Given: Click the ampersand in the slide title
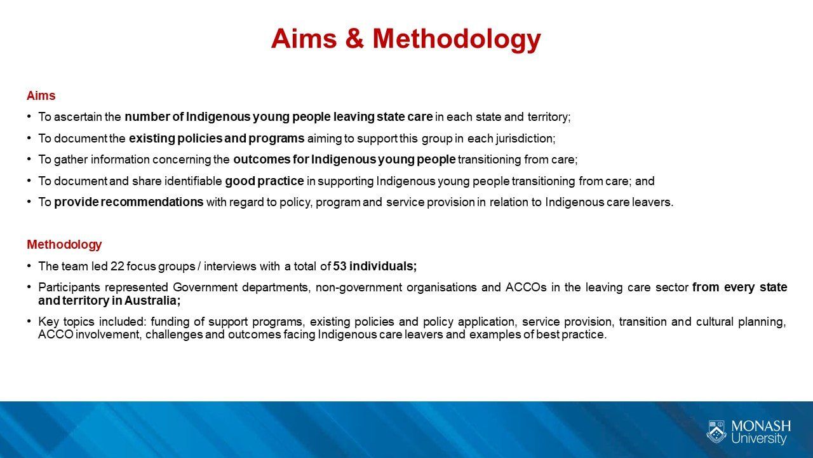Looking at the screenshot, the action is click(354, 38).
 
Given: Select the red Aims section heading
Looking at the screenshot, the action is click(41, 95).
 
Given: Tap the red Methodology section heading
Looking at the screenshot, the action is click(64, 245).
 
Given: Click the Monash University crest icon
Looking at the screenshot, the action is click(716, 432).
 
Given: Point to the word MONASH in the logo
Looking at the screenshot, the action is click(761, 426).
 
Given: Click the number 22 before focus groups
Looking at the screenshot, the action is click(118, 267).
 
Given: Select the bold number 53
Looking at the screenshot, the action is click(340, 267).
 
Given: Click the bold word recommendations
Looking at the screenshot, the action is click(152, 202).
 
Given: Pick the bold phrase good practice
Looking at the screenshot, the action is click(264, 181).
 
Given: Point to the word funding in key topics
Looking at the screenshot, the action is click(170, 322).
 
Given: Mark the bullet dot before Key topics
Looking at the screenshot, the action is click(29, 322).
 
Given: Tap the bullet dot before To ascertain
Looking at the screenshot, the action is click(29, 116).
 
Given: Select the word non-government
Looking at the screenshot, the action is click(359, 288).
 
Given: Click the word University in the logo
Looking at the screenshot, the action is click(758, 438).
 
